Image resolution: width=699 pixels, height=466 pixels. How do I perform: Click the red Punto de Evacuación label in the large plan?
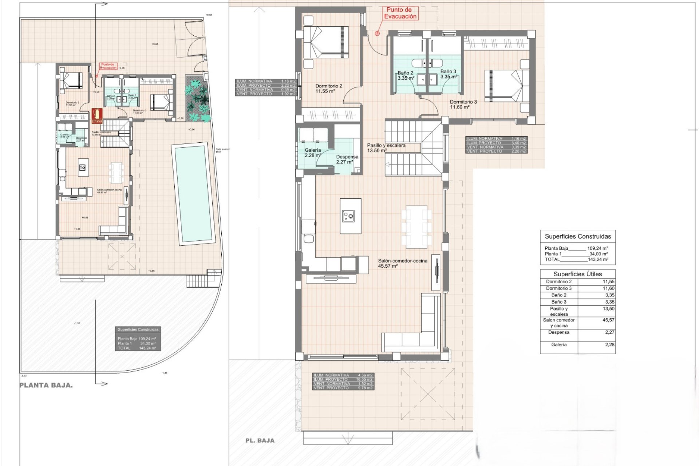400,13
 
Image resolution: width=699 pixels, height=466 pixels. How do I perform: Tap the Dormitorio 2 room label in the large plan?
328,88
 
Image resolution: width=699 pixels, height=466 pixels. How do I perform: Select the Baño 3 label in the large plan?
448,74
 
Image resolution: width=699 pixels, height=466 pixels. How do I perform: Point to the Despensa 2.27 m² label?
347,159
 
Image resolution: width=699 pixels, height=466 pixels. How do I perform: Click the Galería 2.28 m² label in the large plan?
313,153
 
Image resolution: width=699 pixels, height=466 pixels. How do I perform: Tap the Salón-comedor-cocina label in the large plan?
402,263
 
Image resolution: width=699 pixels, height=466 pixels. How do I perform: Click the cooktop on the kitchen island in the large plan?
348,216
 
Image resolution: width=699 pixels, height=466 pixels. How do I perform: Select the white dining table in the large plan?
416,226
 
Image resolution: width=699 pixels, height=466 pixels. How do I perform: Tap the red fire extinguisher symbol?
97,115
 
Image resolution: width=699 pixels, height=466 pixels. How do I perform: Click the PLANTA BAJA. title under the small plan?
46,385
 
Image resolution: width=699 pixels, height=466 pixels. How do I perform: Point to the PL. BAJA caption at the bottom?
260,441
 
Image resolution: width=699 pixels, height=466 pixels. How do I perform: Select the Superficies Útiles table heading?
577,274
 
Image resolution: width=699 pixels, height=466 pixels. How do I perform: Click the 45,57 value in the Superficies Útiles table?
608,320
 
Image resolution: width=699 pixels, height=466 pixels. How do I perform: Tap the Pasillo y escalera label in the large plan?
386,147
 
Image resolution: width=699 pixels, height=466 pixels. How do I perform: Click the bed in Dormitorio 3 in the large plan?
506,86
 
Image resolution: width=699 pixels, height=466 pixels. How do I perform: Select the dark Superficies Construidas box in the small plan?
138,339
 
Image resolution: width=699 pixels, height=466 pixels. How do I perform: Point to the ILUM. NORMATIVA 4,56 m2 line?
343,375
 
